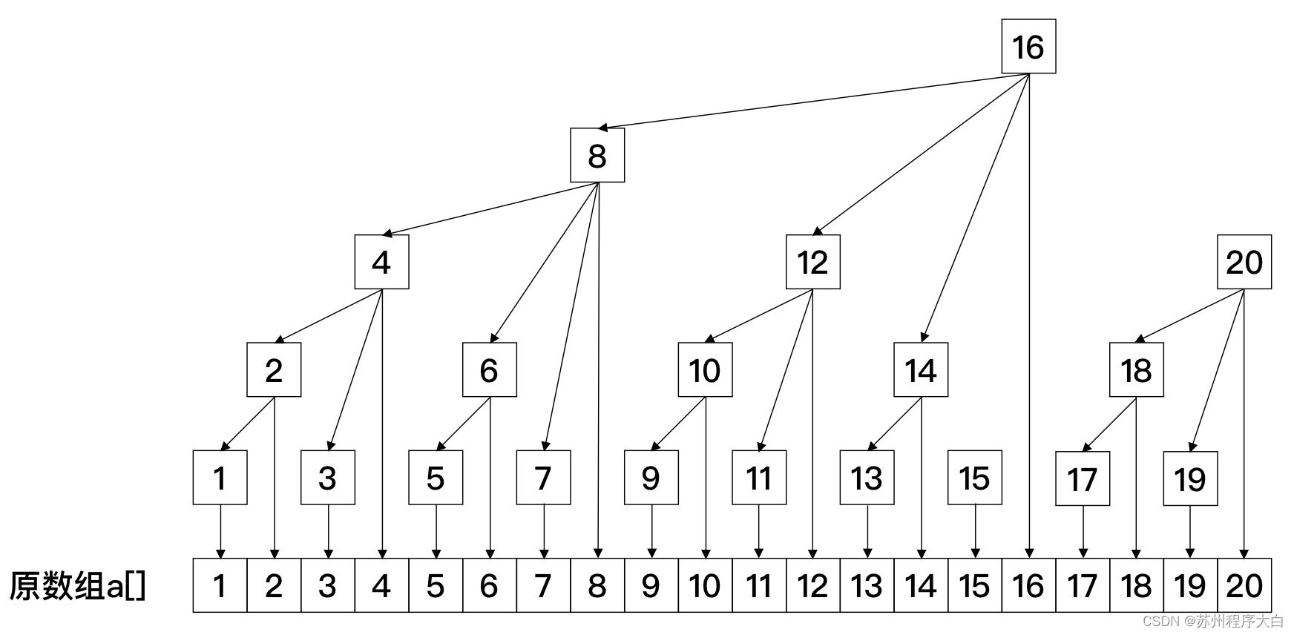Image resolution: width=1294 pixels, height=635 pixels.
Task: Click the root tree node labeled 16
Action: click(x=1028, y=47)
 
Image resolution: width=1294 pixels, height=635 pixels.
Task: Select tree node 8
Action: click(x=597, y=156)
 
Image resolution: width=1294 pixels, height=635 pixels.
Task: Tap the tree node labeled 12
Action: click(x=812, y=263)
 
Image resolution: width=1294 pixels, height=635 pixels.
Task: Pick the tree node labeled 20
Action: click(x=1244, y=263)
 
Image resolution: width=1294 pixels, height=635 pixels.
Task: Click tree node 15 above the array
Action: click(x=974, y=478)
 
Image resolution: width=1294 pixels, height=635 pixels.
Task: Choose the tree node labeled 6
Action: click(x=489, y=370)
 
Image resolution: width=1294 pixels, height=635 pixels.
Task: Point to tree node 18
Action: click(x=1136, y=370)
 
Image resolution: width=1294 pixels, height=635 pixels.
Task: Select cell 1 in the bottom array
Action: click(x=220, y=586)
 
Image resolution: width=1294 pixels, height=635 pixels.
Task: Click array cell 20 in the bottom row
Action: click(x=1244, y=586)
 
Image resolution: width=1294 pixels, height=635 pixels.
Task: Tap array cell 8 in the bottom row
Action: click(x=597, y=586)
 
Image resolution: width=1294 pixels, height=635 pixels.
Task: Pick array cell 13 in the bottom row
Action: click(x=867, y=586)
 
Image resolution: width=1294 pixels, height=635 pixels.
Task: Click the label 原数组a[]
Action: click(x=77, y=586)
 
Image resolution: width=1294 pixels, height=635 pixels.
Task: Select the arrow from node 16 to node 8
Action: click(x=812, y=101)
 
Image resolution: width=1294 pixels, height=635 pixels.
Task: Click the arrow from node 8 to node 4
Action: click(x=490, y=209)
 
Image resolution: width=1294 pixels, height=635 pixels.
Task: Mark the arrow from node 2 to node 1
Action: click(x=248, y=424)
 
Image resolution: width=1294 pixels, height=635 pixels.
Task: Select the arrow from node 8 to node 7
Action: click(x=571, y=317)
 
